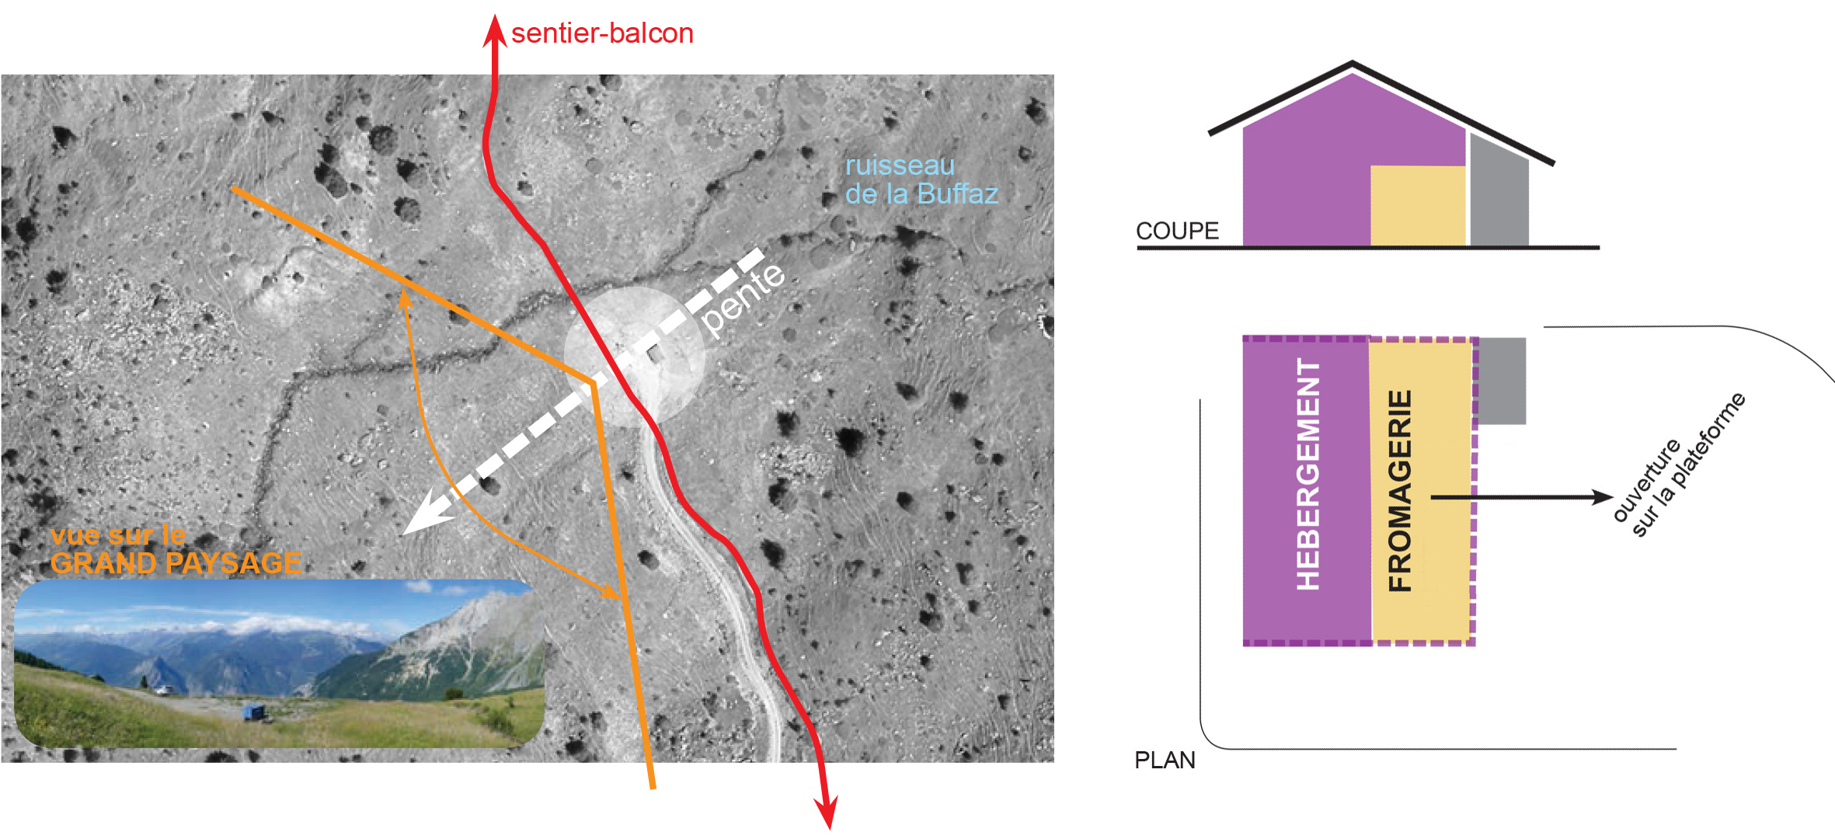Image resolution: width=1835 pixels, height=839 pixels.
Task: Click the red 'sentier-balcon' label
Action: tap(602, 33)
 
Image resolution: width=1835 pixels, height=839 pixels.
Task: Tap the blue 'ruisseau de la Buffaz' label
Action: tap(921, 179)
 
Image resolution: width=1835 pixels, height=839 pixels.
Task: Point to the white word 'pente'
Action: tap(743, 299)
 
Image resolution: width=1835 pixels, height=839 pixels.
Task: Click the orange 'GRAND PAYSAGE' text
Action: tap(176, 562)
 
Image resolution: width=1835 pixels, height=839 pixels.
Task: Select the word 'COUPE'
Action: tap(1177, 231)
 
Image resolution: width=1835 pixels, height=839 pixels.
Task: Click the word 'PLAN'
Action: tap(1165, 760)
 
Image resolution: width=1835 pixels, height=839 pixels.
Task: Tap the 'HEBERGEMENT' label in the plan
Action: tap(1308, 474)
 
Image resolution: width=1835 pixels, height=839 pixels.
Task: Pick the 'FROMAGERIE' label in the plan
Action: tap(1399, 491)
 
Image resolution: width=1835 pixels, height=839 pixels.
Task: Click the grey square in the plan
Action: tap(1502, 381)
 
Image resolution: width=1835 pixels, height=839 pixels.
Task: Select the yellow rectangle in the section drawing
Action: tap(1417, 206)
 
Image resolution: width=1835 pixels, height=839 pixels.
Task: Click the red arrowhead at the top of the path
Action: tap(494, 30)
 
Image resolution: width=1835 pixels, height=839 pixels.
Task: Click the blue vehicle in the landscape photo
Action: tap(253, 712)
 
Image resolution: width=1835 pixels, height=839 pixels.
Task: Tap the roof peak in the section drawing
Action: tap(1353, 63)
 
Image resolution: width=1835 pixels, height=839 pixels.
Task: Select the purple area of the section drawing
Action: tap(1305, 171)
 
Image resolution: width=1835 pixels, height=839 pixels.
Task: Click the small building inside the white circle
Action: tap(655, 354)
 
